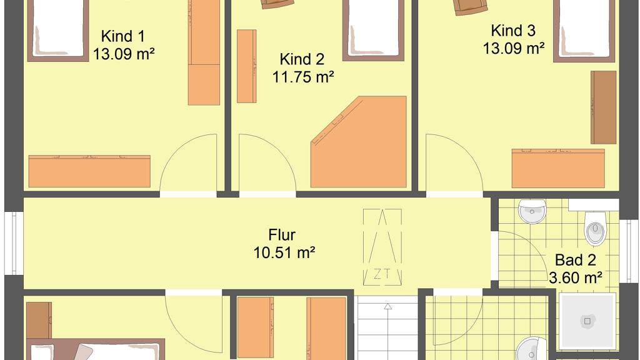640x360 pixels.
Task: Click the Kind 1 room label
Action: [123, 36]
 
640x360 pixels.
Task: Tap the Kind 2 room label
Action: [302, 59]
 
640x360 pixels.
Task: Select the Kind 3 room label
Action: [513, 31]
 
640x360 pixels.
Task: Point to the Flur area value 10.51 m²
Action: [284, 252]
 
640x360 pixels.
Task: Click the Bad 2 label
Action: [576, 260]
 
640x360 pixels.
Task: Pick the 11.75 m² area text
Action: [303, 77]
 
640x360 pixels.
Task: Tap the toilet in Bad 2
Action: [596, 228]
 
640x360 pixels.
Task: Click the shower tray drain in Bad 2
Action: [587, 321]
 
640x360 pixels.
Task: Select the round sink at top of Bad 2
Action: [532, 211]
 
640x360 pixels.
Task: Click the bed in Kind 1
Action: [58, 31]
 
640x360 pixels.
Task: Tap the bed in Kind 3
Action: [584, 31]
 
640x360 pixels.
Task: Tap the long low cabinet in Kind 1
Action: [89, 171]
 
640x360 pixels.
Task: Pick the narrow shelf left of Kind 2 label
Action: [246, 66]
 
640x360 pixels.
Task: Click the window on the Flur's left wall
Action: [14, 243]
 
